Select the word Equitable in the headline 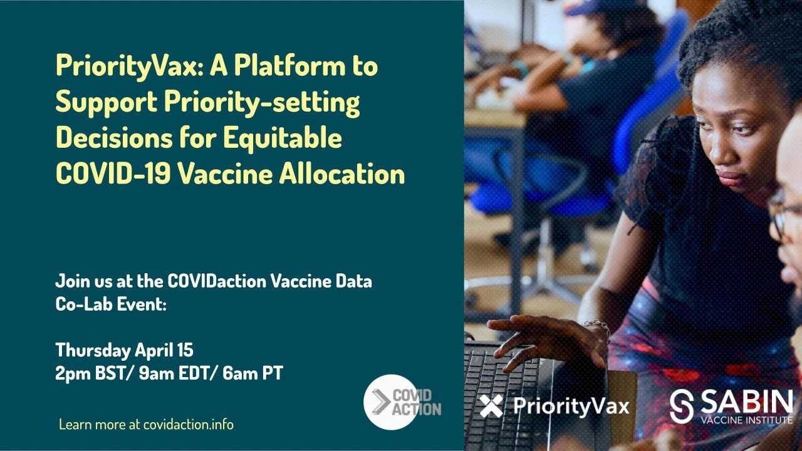pos(283,139)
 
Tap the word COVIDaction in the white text pos(217,281)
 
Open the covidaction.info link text pos(189,425)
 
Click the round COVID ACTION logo pos(392,402)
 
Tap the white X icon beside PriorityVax pos(491,406)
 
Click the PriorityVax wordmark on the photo pos(571,407)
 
